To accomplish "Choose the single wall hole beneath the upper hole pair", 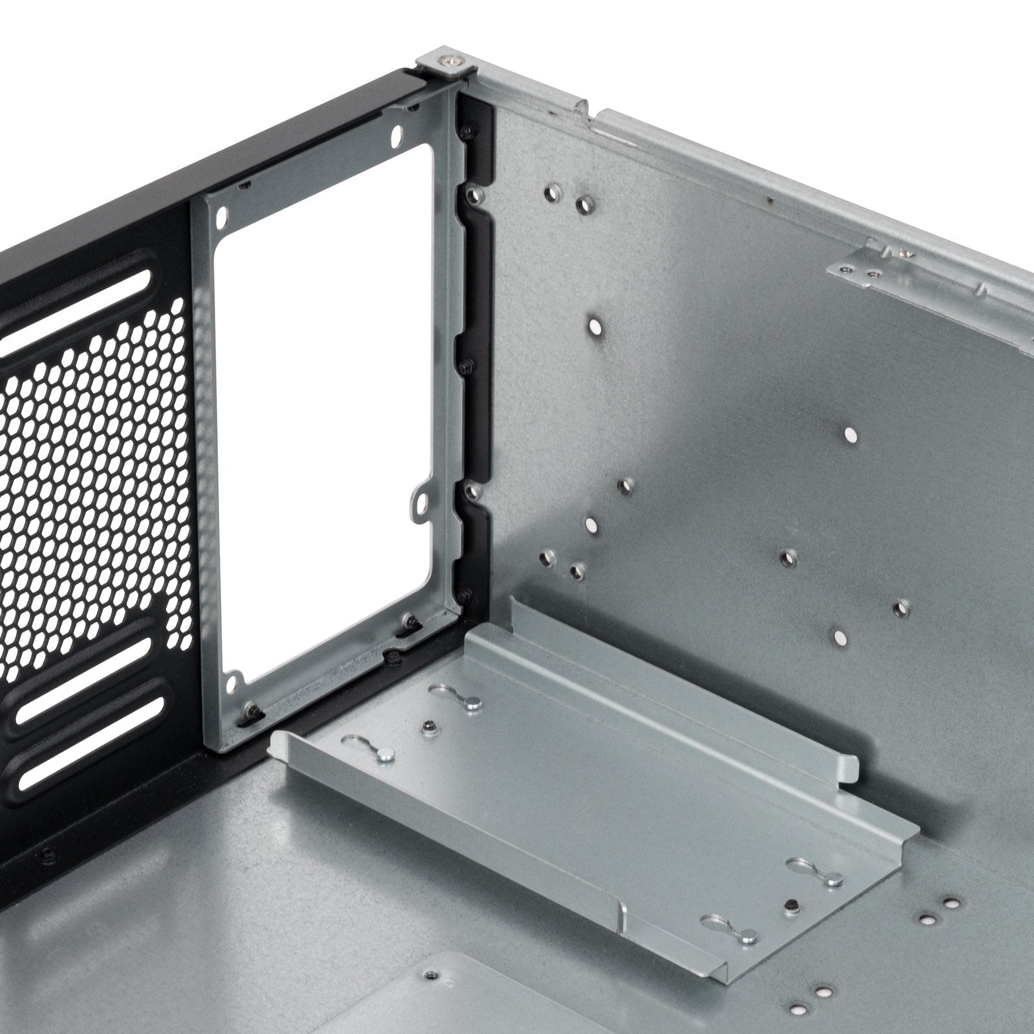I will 595,326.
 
